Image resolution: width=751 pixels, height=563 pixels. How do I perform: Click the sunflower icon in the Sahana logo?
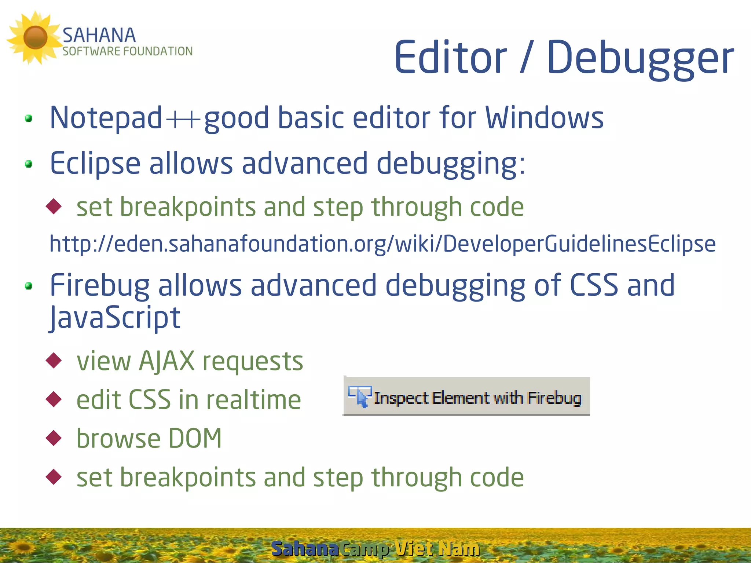tap(35, 37)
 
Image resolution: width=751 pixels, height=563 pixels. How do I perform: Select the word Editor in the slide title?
tap(451, 58)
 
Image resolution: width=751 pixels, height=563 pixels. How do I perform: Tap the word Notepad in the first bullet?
tap(106, 118)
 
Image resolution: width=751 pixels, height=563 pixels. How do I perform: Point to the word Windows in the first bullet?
tap(544, 118)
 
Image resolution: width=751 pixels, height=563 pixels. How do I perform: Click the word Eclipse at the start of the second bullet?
tap(95, 164)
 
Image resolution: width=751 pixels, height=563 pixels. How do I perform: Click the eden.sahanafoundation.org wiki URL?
tap(382, 244)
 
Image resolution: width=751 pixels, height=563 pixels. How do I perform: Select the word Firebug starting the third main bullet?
tap(100, 285)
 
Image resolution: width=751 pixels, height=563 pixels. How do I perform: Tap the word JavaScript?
tap(115, 318)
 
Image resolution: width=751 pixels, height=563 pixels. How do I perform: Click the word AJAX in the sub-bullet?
tap(166, 361)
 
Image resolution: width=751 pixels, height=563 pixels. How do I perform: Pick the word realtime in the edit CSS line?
tap(253, 400)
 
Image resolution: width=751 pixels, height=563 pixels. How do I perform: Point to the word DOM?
tap(195, 438)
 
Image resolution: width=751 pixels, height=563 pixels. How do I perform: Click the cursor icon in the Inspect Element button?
tap(360, 396)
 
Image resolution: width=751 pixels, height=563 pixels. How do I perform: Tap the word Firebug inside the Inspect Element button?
tap(554, 398)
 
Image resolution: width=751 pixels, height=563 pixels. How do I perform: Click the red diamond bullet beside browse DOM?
tap(54, 438)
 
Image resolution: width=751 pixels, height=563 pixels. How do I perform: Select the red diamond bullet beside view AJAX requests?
tap(54, 361)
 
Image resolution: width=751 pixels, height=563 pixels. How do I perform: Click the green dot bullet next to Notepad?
tap(29, 118)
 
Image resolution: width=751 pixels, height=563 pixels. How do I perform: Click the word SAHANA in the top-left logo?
tap(99, 36)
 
